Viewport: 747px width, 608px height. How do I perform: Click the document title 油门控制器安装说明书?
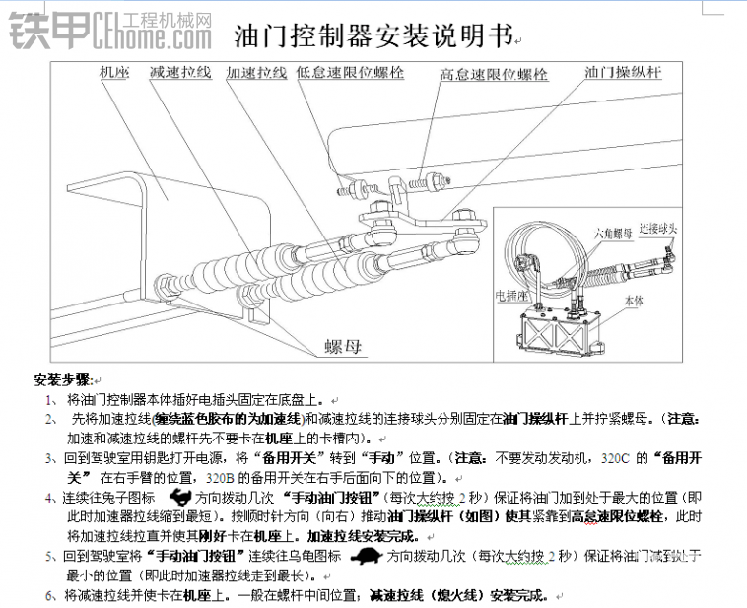click(x=372, y=37)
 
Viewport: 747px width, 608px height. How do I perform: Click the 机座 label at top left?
click(x=115, y=73)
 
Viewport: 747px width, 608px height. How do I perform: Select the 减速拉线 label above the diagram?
click(x=179, y=73)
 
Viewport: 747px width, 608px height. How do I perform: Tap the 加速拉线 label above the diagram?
click(x=256, y=73)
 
